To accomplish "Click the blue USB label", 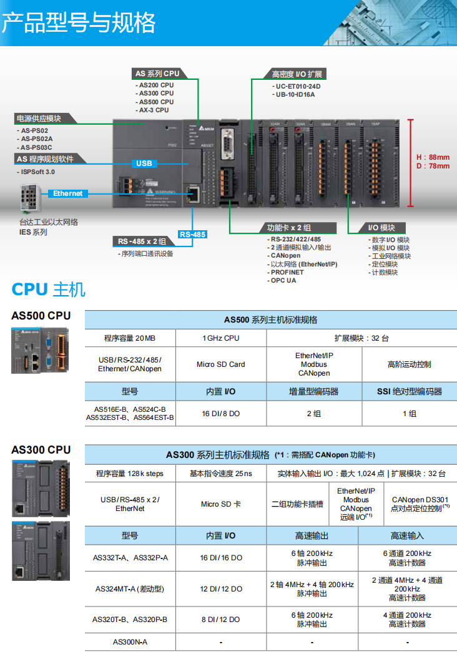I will coord(144,163).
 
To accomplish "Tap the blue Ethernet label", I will coord(67,193).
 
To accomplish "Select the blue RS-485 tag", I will coord(192,235).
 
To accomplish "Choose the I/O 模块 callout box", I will coord(381,228).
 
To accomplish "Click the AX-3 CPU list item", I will coord(154,110).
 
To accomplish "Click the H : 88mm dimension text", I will coord(433,157).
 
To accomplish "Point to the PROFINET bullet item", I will coord(287,272).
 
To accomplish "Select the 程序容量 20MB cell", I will coord(130,338).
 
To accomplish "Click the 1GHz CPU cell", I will coord(220,338).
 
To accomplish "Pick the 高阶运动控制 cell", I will coord(409,364).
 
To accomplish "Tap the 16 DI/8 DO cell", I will coord(220,414).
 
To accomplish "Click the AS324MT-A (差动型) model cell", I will coord(130,588).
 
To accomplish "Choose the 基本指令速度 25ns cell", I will coord(220,474).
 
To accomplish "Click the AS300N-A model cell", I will coord(130,641).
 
